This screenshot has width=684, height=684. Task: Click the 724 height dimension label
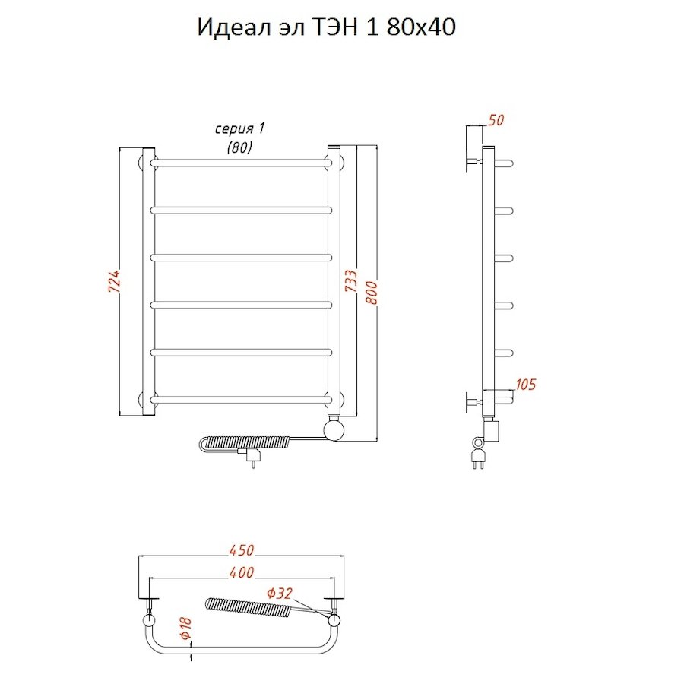pos(115,283)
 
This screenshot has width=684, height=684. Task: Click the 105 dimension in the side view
pos(525,384)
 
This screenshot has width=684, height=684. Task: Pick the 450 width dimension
pos(241,549)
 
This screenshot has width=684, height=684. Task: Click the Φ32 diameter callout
pos(280,594)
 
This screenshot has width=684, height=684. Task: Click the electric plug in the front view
pos(252,456)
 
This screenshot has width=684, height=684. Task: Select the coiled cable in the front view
pos(247,441)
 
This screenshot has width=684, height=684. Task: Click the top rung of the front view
pos(242,162)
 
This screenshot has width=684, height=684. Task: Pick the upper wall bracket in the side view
pos(471,162)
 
